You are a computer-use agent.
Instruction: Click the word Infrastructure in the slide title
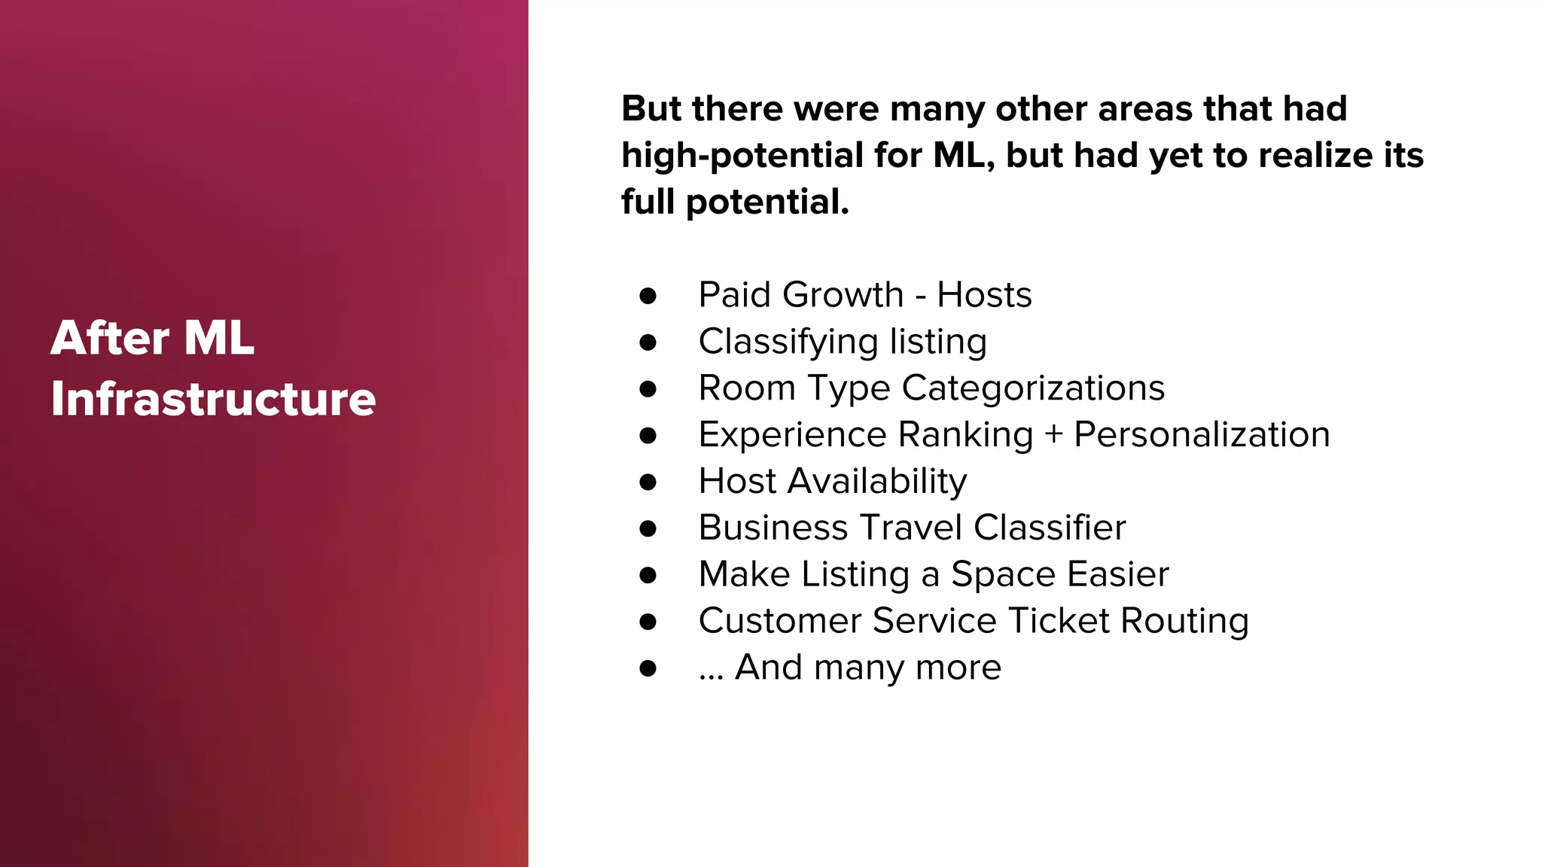click(213, 399)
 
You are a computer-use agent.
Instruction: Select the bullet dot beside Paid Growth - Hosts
click(648, 296)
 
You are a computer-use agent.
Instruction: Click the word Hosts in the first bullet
click(984, 294)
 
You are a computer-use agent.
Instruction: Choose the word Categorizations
click(1033, 388)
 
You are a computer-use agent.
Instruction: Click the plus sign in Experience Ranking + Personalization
click(1053, 435)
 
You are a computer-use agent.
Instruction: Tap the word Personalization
click(1202, 435)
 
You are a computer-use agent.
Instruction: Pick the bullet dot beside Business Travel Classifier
click(648, 528)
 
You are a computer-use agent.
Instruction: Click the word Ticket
click(1059, 621)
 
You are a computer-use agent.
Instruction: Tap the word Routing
click(1185, 622)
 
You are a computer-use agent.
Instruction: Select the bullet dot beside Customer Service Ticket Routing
click(648, 622)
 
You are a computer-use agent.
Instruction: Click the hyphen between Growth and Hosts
click(920, 296)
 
